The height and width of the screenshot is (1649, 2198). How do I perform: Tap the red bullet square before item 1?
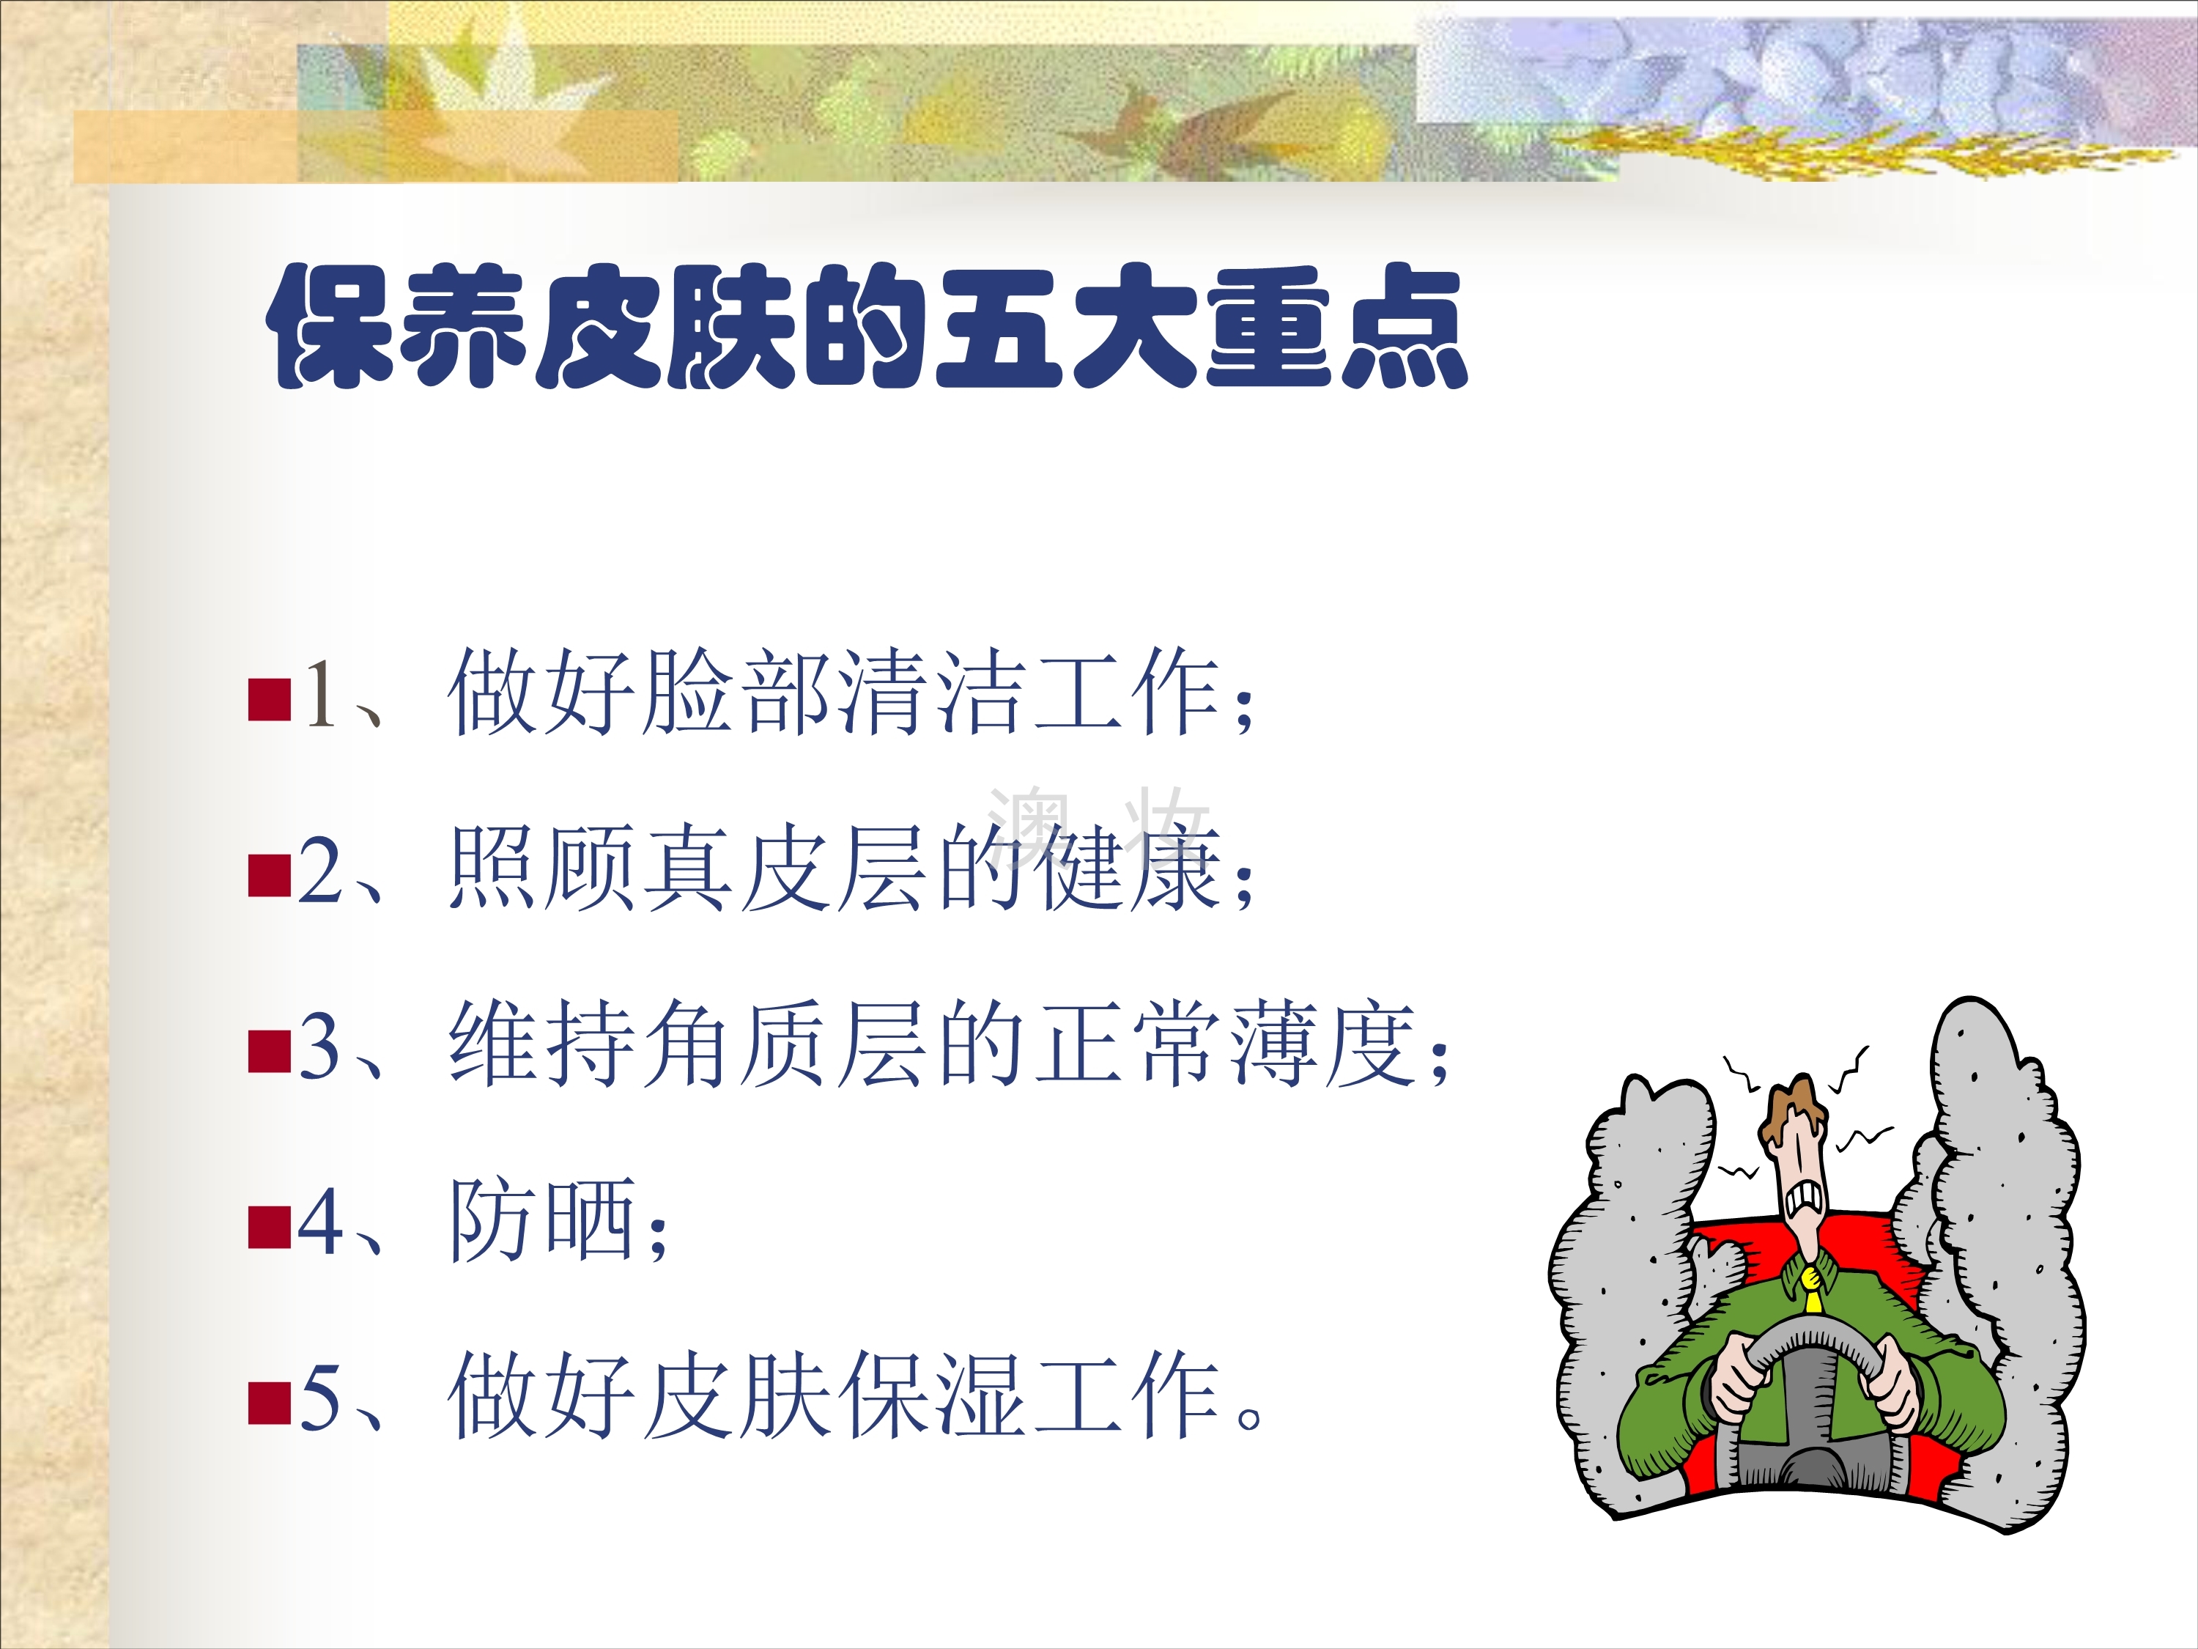(270, 698)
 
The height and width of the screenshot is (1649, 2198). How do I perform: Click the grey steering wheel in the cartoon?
(1810, 1392)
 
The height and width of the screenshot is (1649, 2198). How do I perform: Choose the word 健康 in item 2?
(1128, 868)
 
